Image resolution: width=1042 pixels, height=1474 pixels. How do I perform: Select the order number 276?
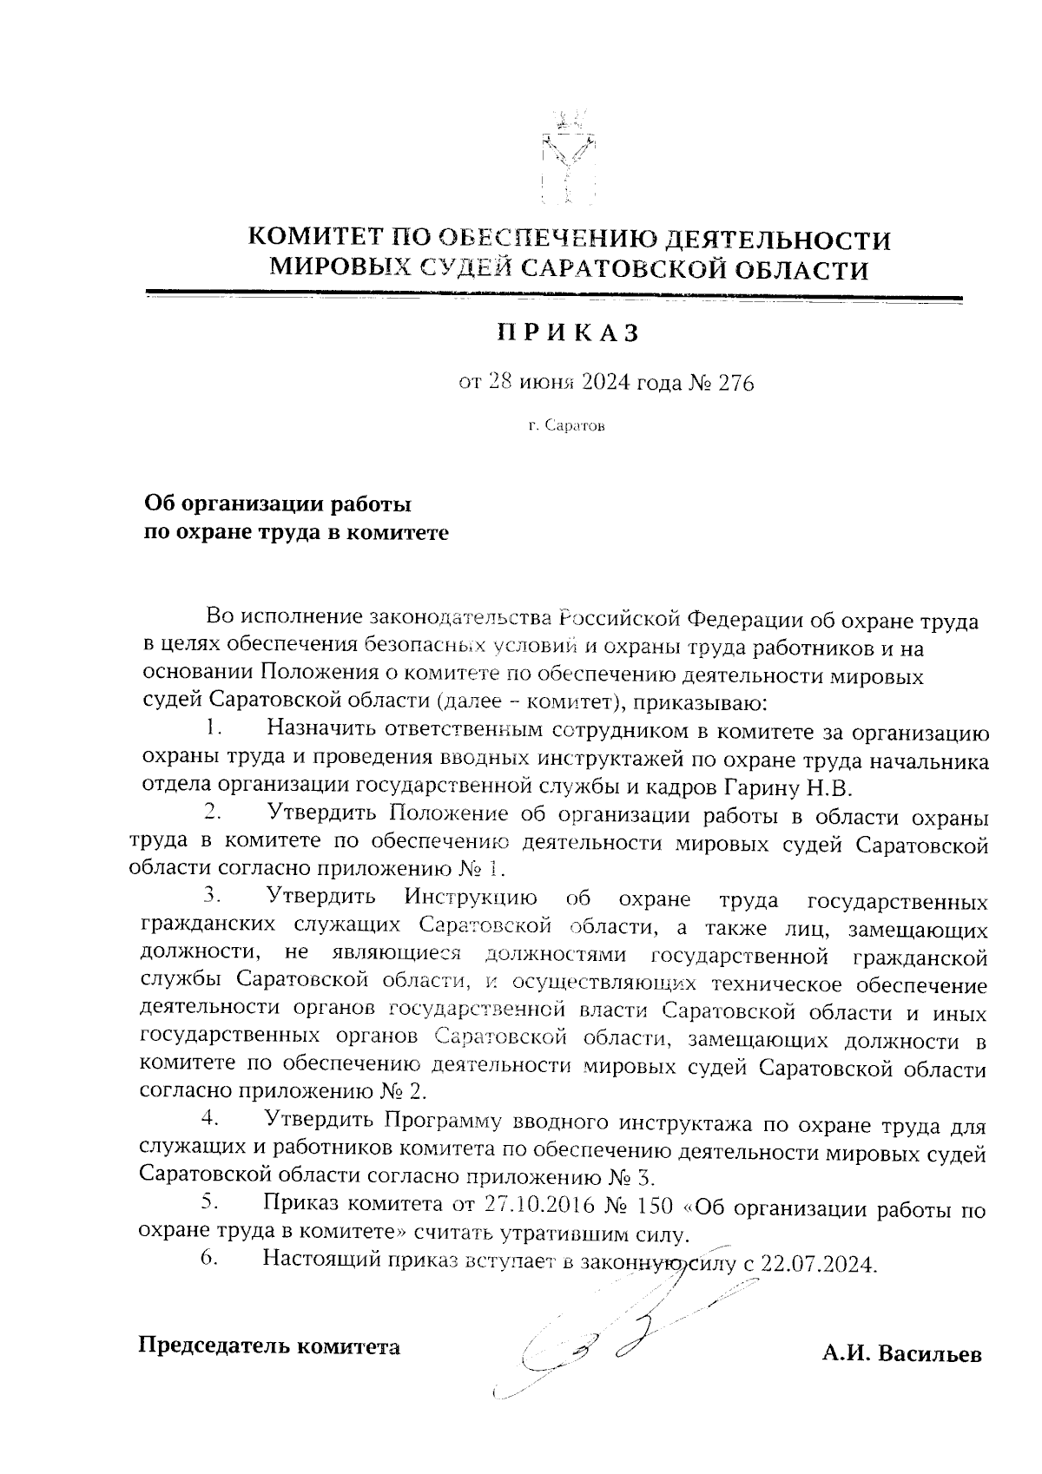click(x=735, y=382)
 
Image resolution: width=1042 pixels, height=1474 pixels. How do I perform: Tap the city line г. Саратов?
click(x=567, y=427)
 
